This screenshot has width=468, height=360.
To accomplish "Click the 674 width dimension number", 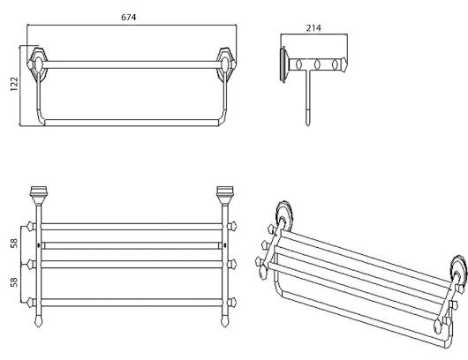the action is (x=129, y=18).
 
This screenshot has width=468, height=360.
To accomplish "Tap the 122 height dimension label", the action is (x=14, y=84).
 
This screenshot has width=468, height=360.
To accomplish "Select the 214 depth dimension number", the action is (x=313, y=28).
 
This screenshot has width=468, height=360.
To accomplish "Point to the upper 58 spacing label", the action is (x=14, y=243).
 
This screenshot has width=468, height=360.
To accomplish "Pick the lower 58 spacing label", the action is (x=14, y=282).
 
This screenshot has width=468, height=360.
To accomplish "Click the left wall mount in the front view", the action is (x=38, y=64).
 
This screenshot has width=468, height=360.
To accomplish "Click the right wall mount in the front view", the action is (x=226, y=64).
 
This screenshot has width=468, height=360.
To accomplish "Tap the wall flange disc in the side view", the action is (x=283, y=64).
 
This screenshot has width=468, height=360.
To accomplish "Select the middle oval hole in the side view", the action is (x=317, y=64).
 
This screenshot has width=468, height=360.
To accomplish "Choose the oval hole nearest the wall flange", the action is (x=299, y=64).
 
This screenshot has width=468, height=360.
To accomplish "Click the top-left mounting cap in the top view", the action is (x=39, y=195).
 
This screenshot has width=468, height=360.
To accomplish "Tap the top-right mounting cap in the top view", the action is (x=225, y=195).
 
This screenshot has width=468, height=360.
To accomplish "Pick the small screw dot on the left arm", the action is (x=39, y=245).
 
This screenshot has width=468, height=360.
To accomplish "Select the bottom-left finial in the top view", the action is (x=31, y=303).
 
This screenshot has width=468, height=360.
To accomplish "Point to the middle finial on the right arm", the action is (x=232, y=264).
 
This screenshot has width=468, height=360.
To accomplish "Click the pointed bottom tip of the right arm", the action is (x=225, y=326).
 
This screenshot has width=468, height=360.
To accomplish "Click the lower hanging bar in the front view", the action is (x=132, y=123).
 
